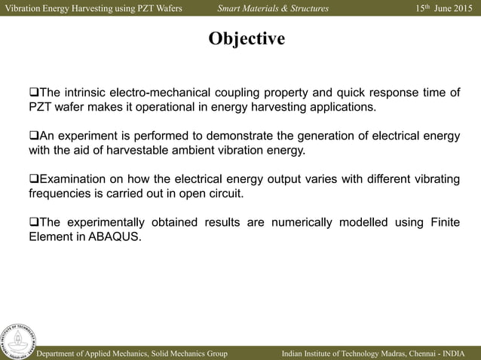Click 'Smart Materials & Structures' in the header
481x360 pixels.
coord(273,8)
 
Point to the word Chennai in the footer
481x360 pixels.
coord(421,352)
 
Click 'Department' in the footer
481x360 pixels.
coord(64,352)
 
